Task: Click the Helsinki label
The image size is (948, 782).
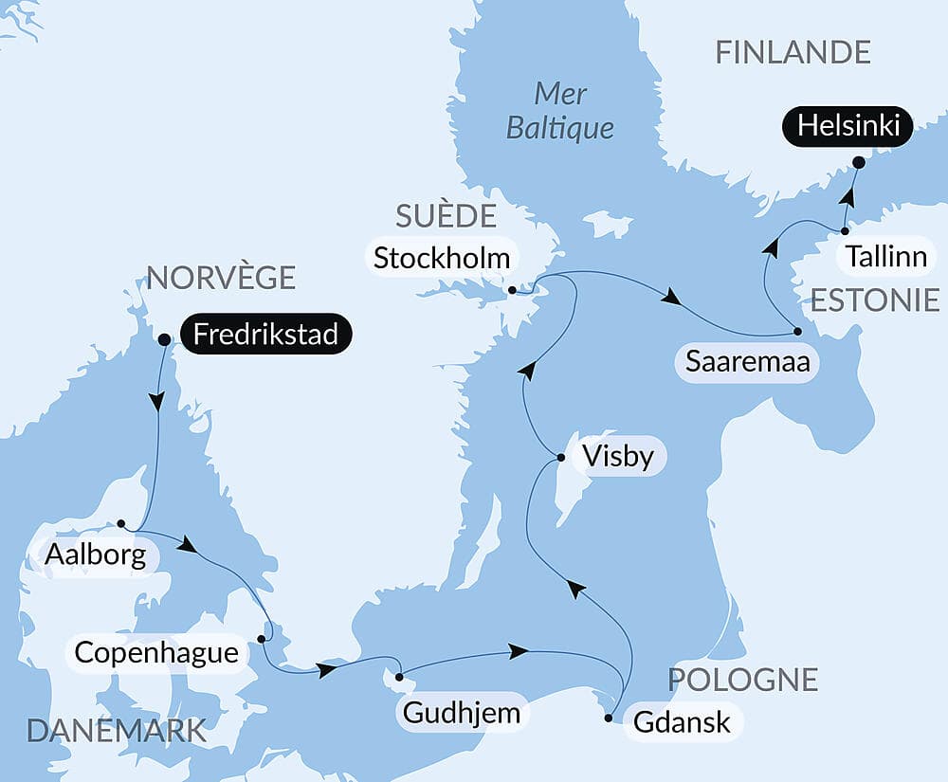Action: pyautogui.click(x=848, y=126)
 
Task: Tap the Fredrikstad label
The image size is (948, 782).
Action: pyautogui.click(x=266, y=335)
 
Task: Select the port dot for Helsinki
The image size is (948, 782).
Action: pyautogui.click(x=858, y=162)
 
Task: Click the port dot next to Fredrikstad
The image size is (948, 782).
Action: pyautogui.click(x=163, y=338)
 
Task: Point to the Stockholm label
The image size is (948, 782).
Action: pyautogui.click(x=441, y=257)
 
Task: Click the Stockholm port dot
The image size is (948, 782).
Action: pyautogui.click(x=512, y=290)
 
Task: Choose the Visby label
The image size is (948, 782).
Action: pyautogui.click(x=618, y=457)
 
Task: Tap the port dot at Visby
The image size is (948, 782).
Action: pyautogui.click(x=561, y=458)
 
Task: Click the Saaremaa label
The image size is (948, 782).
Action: pyautogui.click(x=747, y=362)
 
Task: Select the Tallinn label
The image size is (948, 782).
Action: pyautogui.click(x=886, y=257)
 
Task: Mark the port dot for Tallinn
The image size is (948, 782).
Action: pyautogui.click(x=845, y=230)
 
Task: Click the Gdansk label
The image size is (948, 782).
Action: pyautogui.click(x=682, y=721)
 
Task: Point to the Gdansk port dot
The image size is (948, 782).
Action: pyautogui.click(x=609, y=718)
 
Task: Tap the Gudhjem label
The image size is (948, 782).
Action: pyautogui.click(x=462, y=712)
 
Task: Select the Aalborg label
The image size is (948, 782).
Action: pyautogui.click(x=94, y=555)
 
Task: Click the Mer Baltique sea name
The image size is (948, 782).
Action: pyautogui.click(x=560, y=110)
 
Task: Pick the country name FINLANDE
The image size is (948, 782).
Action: pyautogui.click(x=793, y=52)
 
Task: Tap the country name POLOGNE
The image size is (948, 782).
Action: pyautogui.click(x=742, y=679)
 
